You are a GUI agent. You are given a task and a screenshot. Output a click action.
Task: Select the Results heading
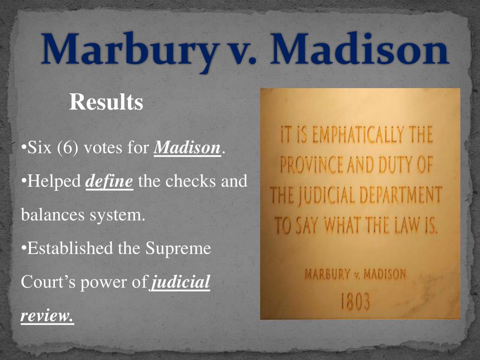[x=106, y=102]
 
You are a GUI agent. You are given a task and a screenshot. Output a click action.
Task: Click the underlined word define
[x=110, y=181]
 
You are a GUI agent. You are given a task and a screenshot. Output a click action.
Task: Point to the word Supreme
[x=179, y=248]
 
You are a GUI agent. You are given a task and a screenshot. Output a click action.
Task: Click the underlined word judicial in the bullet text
[x=181, y=283]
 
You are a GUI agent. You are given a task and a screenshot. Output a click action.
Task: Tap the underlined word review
[x=47, y=316]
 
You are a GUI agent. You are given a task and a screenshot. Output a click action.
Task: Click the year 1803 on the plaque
[x=355, y=302]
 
